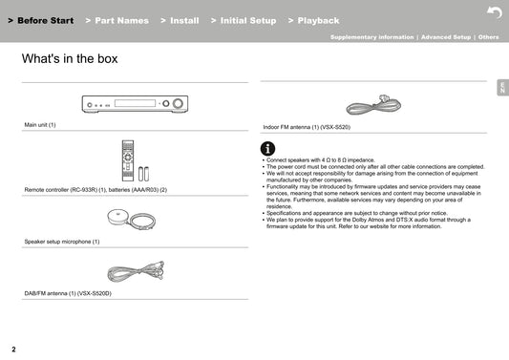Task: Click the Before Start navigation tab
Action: tap(41, 20)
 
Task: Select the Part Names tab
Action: tap(117, 20)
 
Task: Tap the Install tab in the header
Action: tap(180, 20)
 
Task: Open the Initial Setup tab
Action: tap(244, 20)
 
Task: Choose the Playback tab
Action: tap(313, 20)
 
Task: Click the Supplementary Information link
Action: tap(372, 37)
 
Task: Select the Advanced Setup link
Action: tap(446, 37)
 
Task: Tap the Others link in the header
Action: tap(488, 37)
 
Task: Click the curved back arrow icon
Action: tap(495, 12)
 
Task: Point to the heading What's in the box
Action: tap(70, 59)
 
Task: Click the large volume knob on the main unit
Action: tap(178, 103)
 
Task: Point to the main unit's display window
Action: tap(135, 103)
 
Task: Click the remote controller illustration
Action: tap(128, 160)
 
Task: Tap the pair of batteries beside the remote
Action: tap(144, 174)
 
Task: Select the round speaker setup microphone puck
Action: tap(117, 217)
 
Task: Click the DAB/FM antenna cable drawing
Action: tap(136, 271)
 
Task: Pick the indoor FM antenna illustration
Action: tap(373, 104)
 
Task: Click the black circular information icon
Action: tap(267, 149)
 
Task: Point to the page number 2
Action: tap(13, 349)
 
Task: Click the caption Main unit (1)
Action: tap(40, 125)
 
